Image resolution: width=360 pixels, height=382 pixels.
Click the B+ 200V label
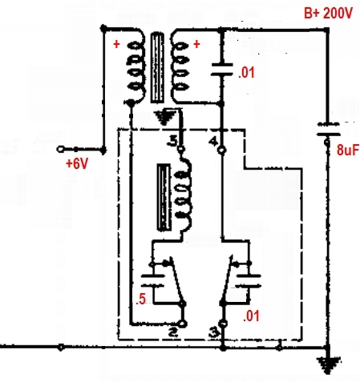point(329,13)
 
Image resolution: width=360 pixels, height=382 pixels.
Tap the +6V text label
point(77,163)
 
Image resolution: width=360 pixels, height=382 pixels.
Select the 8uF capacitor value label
point(348,150)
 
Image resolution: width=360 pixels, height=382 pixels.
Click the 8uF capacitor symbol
point(329,129)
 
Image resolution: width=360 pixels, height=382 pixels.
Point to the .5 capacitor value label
point(141,299)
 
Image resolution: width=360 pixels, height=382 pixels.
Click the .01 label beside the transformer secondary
point(246,72)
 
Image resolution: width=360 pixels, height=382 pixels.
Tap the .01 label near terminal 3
point(251,316)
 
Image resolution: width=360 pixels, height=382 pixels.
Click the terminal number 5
point(172,141)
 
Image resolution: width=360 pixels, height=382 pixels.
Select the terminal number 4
point(213,142)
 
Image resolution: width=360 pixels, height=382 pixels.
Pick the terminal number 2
point(173,332)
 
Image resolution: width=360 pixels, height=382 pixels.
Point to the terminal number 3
point(214,332)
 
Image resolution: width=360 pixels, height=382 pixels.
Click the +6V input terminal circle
point(60,149)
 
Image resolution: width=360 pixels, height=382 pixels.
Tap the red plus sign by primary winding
point(116,44)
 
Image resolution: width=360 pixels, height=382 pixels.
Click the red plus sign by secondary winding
point(196,44)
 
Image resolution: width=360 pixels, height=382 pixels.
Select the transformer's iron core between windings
point(157,67)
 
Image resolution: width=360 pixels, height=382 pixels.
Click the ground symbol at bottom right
point(329,364)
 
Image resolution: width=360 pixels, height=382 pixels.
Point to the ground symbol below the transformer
point(165,118)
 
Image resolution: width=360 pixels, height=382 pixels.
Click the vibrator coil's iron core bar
point(164,198)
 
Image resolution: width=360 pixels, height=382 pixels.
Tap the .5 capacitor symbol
point(152,280)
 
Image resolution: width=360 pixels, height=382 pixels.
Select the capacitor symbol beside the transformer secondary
point(222,70)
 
